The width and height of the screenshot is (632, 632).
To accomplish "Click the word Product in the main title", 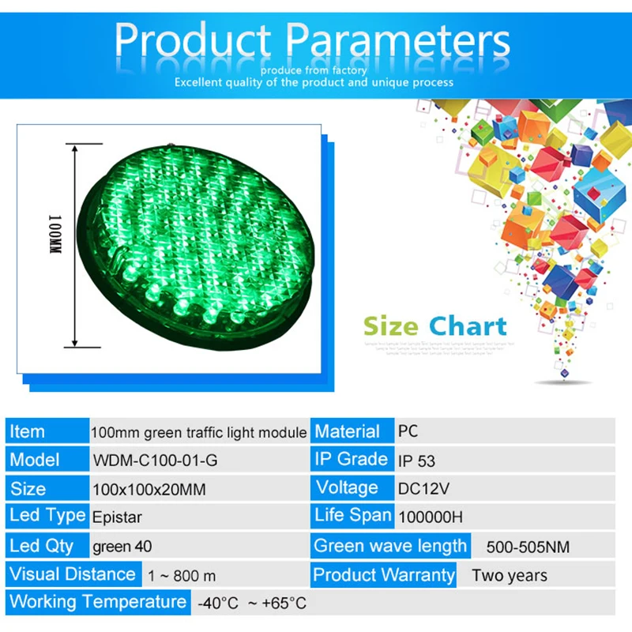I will pos(194,41).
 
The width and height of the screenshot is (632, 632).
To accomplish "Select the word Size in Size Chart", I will pos(392,325).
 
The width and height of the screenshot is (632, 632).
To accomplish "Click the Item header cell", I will pos(28,432).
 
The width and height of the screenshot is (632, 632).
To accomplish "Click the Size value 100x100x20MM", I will pos(149,490).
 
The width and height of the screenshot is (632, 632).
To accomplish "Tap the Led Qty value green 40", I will pos(122,546).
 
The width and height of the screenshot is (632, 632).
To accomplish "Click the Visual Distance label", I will pos(73,574).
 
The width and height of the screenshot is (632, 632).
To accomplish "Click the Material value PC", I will pos(408,432).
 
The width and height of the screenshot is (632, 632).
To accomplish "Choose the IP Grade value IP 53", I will pos(416,461).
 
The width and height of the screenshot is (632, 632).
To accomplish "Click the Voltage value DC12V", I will pos(423,489).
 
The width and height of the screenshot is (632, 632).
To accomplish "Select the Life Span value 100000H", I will pos(431,517).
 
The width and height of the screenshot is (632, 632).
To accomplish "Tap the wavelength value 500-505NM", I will pos(528,547).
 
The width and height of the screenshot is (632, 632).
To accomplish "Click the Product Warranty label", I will pos(384,574).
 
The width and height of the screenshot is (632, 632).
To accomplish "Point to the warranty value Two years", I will pos(510,575).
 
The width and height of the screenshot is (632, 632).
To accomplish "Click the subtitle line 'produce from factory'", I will pos(314,70).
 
